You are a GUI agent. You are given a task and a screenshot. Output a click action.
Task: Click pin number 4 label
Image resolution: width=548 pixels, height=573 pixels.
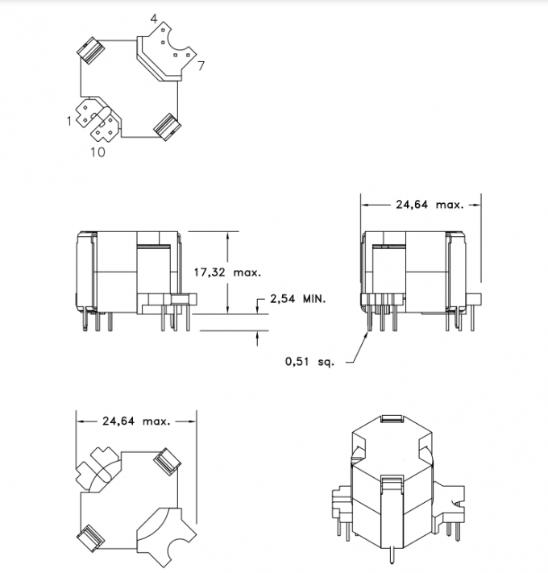pyautogui.click(x=153, y=18)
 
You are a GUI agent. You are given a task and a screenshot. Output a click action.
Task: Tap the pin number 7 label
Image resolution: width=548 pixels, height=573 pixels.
pyautogui.click(x=201, y=64)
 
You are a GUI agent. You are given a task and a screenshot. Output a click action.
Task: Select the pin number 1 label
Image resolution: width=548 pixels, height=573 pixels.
pyautogui.click(x=70, y=121)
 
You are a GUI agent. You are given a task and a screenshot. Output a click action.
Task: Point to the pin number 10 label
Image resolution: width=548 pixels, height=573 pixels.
pyautogui.click(x=96, y=152)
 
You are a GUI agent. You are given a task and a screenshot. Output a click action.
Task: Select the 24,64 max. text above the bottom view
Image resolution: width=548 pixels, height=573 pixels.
pyautogui.click(x=135, y=421)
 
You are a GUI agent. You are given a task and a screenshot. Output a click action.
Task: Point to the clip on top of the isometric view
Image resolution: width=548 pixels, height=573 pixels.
pyautogui.click(x=391, y=420)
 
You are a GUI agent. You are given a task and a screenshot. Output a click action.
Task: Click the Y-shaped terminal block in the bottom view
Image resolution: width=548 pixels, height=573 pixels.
pyautogui.click(x=165, y=531)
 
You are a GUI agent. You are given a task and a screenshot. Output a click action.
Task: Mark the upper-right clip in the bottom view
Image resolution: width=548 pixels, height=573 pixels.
pyautogui.click(x=167, y=459)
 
